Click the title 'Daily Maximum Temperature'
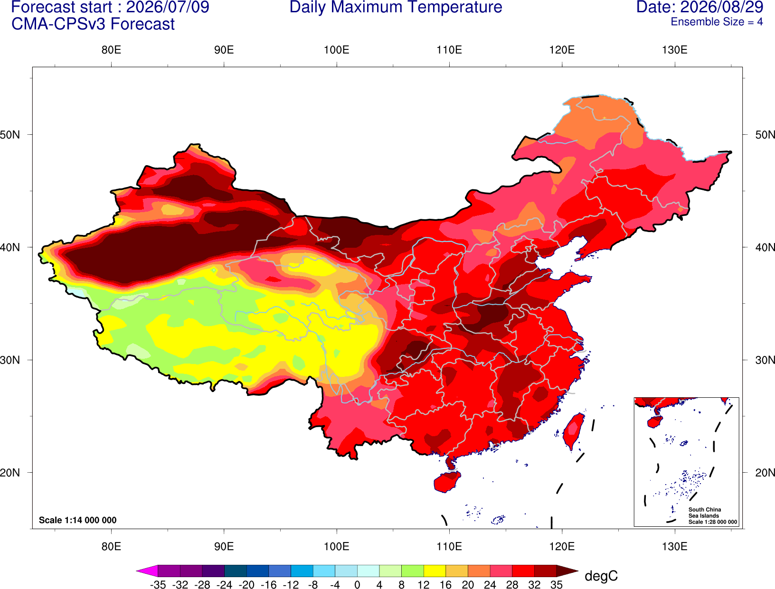pyautogui.click(x=396, y=7)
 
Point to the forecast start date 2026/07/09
pyautogui.click(x=167, y=7)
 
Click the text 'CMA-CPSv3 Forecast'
pyautogui.click(x=93, y=24)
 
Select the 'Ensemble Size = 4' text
pyautogui.click(x=717, y=22)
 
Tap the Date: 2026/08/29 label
pyautogui.click(x=699, y=7)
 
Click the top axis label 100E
pyautogui.click(x=337, y=50)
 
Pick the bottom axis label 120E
pyautogui.click(x=562, y=547)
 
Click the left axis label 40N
pyautogui.click(x=10, y=247)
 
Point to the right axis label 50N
pyautogui.click(x=765, y=135)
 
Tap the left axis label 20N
pyautogui.click(x=10, y=473)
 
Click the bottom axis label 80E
pyautogui.click(x=111, y=547)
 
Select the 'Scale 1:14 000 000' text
pyautogui.click(x=78, y=520)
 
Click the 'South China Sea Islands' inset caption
pyautogui.click(x=705, y=513)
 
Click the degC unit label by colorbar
pyautogui.click(x=601, y=576)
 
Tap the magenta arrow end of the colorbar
pyautogui.click(x=147, y=570)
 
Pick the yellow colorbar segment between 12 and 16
pyautogui.click(x=435, y=570)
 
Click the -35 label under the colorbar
pyautogui.click(x=158, y=585)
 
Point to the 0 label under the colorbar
pyautogui.click(x=357, y=585)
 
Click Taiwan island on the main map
pyautogui.click(x=573, y=431)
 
